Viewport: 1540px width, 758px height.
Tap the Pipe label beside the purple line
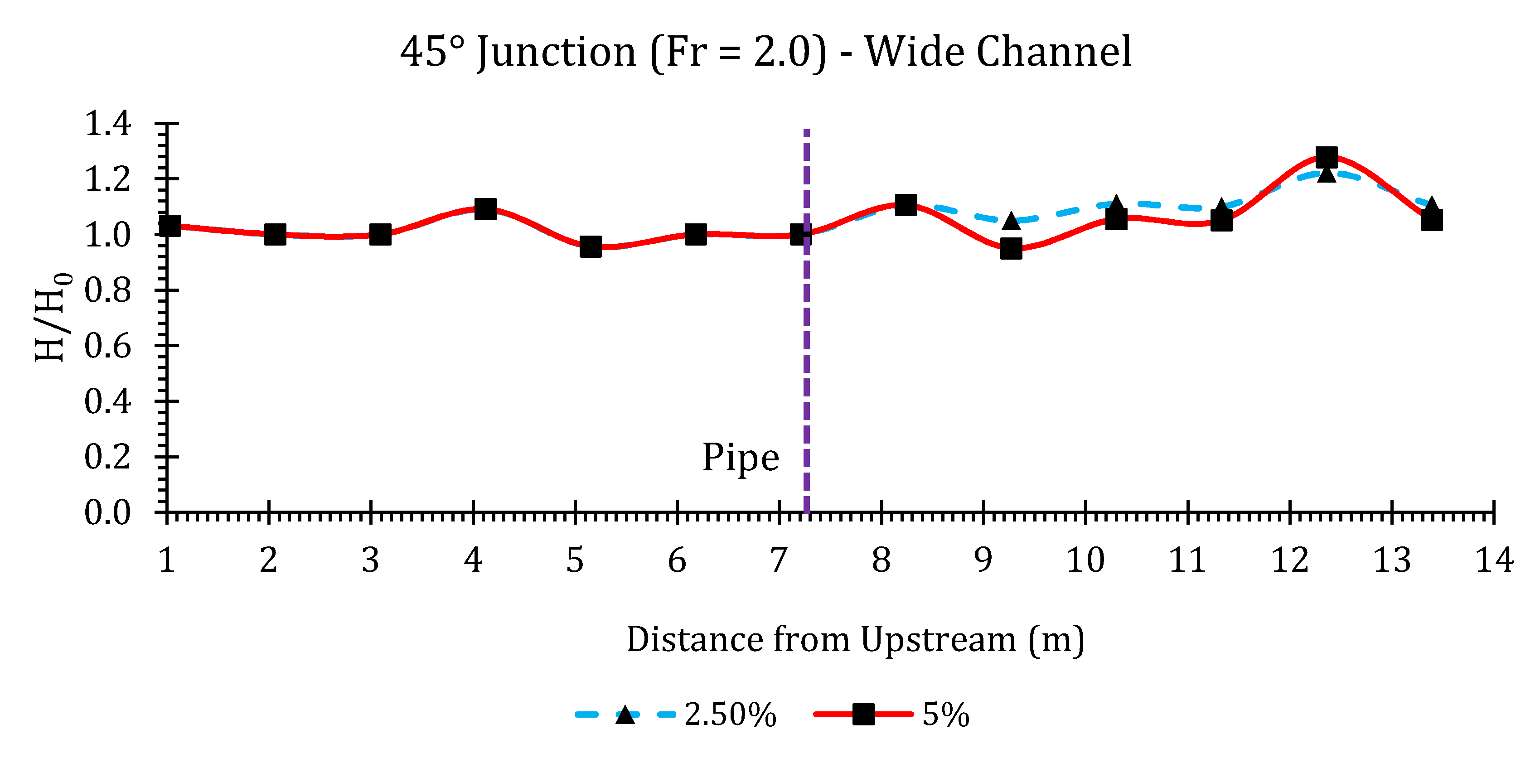pyautogui.click(x=740, y=458)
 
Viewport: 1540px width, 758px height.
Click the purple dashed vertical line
pyautogui.click(x=806, y=359)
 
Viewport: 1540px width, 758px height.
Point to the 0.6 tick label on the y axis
pyautogui.click(x=107, y=346)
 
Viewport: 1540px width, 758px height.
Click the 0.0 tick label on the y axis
pyautogui.click(x=107, y=513)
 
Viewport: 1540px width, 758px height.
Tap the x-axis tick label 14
pyautogui.click(x=1494, y=561)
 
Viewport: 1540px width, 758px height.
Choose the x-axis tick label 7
pyautogui.click(x=778, y=561)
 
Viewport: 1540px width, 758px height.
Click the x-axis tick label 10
pyautogui.click(x=1085, y=561)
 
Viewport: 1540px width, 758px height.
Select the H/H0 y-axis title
pyautogui.click(x=53, y=317)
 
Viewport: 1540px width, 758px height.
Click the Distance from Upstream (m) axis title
pyautogui.click(x=855, y=640)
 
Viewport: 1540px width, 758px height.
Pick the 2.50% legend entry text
pyautogui.click(x=730, y=715)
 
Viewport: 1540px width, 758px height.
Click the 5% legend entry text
pyautogui.click(x=946, y=715)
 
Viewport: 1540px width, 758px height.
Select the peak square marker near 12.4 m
pyautogui.click(x=1327, y=158)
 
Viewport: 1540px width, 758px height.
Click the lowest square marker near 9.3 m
pyautogui.click(x=1011, y=248)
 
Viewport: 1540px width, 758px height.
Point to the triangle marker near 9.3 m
pyautogui.click(x=1011, y=221)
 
